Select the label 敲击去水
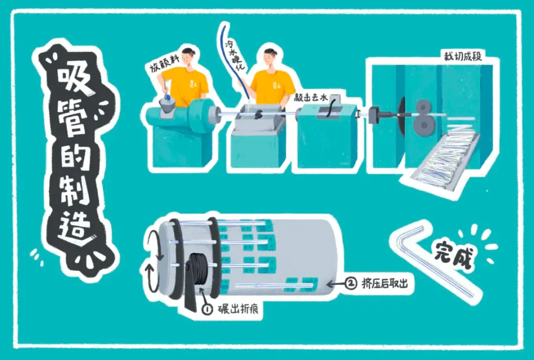(310, 98)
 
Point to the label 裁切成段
(462, 56)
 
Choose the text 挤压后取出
(384, 283)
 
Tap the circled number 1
(207, 309)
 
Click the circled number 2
(351, 283)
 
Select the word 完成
(454, 254)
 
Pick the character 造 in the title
(74, 227)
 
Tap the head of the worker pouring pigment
(189, 57)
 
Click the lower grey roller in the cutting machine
(424, 125)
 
